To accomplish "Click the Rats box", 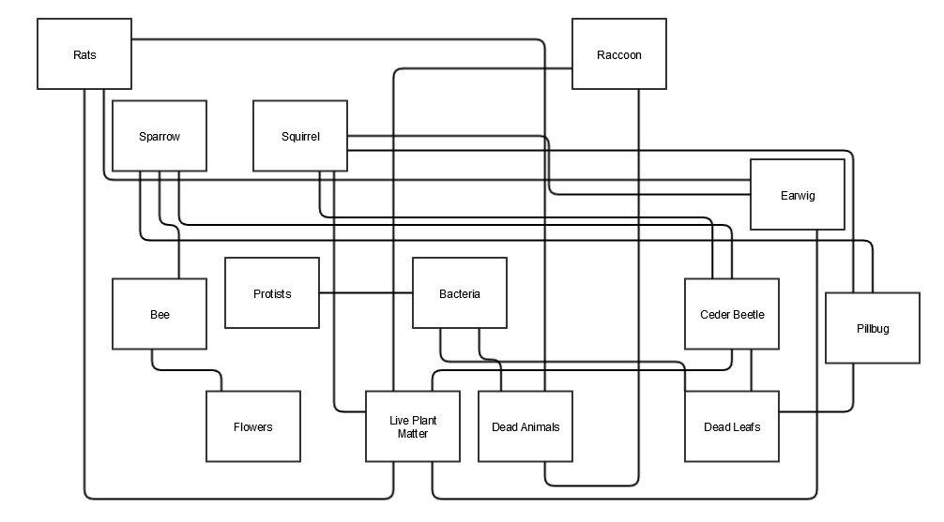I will coord(84,54).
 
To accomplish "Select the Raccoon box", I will coord(619,54).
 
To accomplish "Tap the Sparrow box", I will coord(160,137).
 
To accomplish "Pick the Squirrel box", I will coord(300,137).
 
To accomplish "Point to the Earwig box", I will coord(798,195).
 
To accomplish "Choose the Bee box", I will coord(160,315).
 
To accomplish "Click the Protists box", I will coord(272,293).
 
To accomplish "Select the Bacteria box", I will coord(460,293).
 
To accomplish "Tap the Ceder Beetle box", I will coord(732,314).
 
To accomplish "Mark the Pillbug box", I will coord(873,328).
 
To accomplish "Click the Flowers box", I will coord(253,426).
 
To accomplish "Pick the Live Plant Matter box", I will coord(413,426).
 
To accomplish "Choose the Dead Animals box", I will coord(525,426).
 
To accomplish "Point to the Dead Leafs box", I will coord(732,426).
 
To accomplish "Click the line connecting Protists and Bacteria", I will coord(366,293).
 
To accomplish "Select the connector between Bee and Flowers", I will coord(188,370).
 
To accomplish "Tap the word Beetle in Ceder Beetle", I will coord(747,315).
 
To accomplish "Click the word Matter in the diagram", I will coord(413,434).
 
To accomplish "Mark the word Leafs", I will coord(747,427).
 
